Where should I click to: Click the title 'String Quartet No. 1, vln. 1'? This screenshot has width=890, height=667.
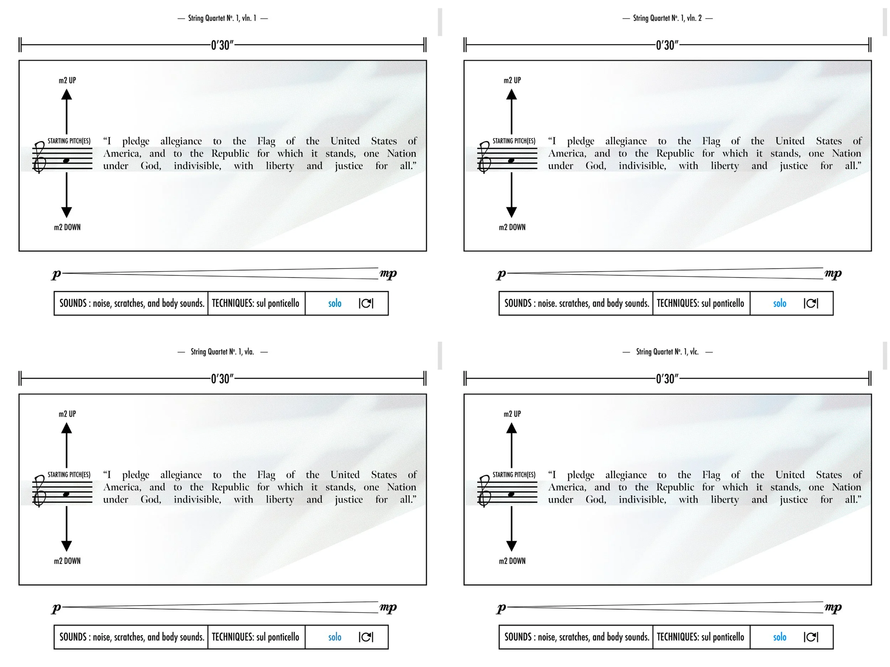222,18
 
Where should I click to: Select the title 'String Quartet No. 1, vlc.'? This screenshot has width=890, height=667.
667,352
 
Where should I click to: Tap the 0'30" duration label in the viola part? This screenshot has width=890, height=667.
222,379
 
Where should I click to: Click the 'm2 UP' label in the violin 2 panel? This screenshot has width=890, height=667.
512,80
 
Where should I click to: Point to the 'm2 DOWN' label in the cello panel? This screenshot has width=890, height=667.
512,561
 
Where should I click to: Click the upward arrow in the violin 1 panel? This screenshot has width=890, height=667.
67,111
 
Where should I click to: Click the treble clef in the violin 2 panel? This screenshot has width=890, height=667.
485,158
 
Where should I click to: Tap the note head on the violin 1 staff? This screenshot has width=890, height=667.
66,161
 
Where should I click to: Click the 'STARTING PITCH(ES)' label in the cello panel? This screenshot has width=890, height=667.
514,475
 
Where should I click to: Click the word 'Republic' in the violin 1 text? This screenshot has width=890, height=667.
230,154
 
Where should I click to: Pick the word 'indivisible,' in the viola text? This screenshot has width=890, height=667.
197,499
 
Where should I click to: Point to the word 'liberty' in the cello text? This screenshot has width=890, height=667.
724,499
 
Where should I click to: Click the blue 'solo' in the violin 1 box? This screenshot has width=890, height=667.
334,303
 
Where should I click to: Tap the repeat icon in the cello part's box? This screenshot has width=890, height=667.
811,637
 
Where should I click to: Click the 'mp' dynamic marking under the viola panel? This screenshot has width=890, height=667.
388,607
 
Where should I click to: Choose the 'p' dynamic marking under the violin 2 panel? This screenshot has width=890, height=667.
501,274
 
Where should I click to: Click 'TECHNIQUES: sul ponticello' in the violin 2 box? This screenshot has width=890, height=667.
701,303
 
